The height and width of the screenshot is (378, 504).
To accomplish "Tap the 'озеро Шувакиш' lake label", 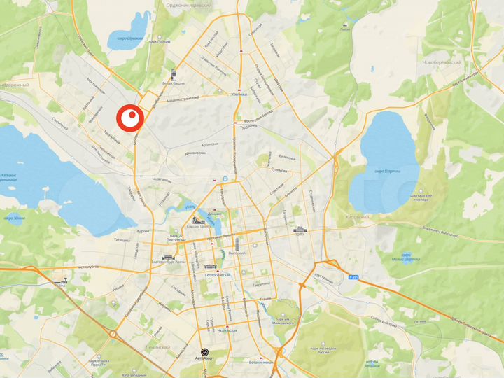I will [131, 39].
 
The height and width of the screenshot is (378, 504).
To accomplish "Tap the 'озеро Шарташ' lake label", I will [387, 170].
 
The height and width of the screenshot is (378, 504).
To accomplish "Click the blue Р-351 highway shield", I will [353, 277].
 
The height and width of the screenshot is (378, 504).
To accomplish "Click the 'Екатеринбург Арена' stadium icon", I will [168, 258].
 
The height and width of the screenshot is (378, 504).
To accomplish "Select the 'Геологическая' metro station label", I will [217, 276].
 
